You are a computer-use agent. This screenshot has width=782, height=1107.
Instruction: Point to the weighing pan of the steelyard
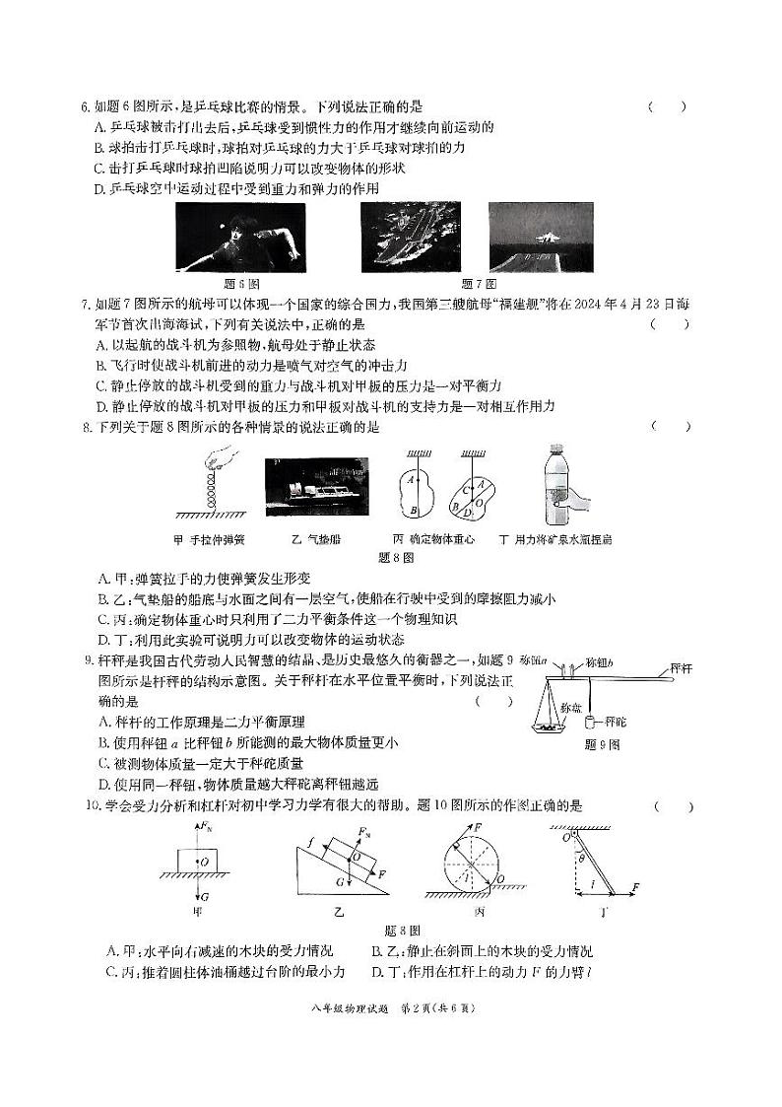[x=539, y=728]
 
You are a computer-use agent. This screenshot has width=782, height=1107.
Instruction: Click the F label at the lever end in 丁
[x=636, y=887]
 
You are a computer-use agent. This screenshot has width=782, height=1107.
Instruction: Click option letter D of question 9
[x=103, y=785]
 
